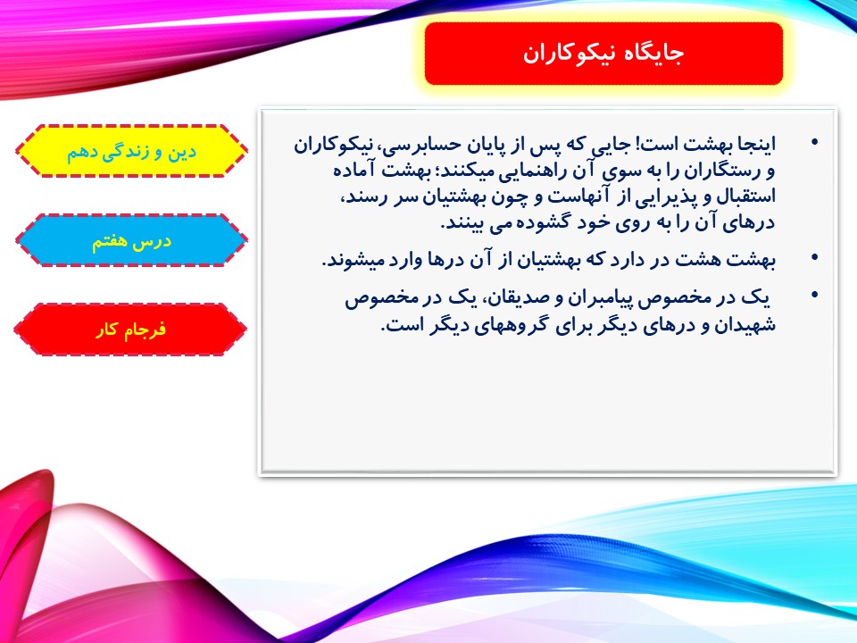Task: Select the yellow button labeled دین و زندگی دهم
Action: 131,151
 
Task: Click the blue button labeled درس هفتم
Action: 131,240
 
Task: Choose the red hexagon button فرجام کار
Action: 130,330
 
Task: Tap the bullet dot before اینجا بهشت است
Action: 815,143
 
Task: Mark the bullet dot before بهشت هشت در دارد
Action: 815,257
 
